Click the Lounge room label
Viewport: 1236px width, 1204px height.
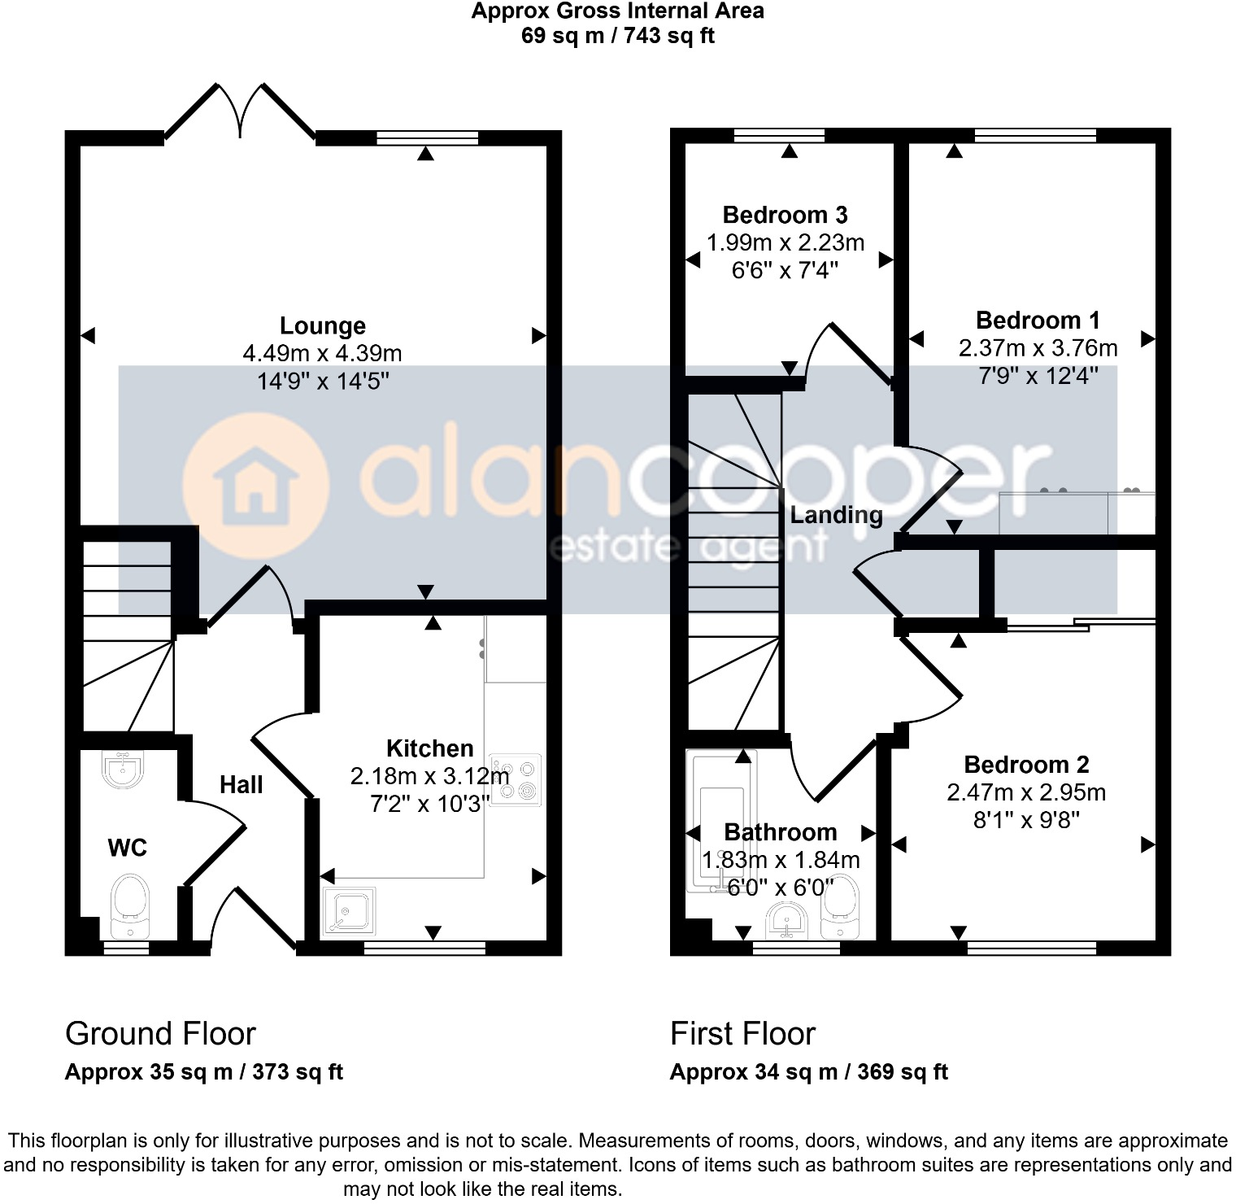pos(322,325)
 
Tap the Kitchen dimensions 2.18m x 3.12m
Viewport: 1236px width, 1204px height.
pos(429,776)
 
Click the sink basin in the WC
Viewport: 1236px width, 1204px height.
pos(124,769)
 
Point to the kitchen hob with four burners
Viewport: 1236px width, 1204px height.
pos(516,779)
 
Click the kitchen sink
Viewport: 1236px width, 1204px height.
pos(350,912)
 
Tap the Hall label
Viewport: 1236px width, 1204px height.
pos(241,784)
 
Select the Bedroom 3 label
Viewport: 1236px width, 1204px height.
pos(785,215)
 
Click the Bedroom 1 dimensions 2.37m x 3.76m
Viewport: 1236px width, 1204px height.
pos(1038,348)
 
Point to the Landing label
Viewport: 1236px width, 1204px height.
pos(836,515)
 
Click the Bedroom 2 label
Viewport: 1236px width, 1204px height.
pos(1026,765)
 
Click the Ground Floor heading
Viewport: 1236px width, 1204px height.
pos(160,1033)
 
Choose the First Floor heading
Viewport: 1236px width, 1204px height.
pos(742,1033)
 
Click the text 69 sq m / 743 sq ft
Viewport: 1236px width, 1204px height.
pos(617,36)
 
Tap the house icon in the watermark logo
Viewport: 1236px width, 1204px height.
pos(255,485)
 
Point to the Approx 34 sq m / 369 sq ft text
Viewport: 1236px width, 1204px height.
pos(808,1072)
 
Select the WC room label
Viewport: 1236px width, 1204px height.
pos(127,848)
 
